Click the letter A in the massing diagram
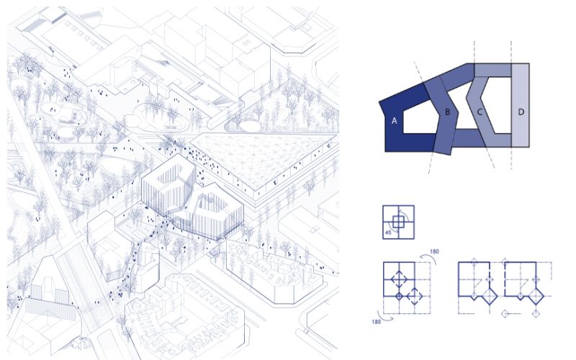[394, 120]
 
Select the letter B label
[447, 112]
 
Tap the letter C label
[480, 112]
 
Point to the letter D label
[521, 112]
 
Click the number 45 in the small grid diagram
[388, 233]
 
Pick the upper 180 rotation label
[434, 251]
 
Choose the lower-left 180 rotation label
[376, 322]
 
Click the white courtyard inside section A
[420, 121]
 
